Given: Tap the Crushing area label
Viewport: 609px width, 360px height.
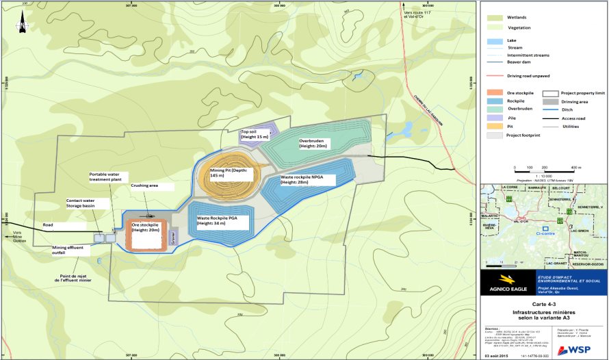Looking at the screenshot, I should tap(144, 185).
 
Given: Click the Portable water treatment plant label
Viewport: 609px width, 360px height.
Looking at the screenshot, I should tap(107, 178).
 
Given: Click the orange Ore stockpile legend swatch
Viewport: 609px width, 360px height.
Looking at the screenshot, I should tap(492, 92).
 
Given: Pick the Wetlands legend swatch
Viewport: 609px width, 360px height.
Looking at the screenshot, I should tap(491, 17).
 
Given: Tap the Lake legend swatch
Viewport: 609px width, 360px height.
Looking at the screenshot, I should tap(491, 40).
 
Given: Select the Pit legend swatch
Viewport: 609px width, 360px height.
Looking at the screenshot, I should tap(492, 126).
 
